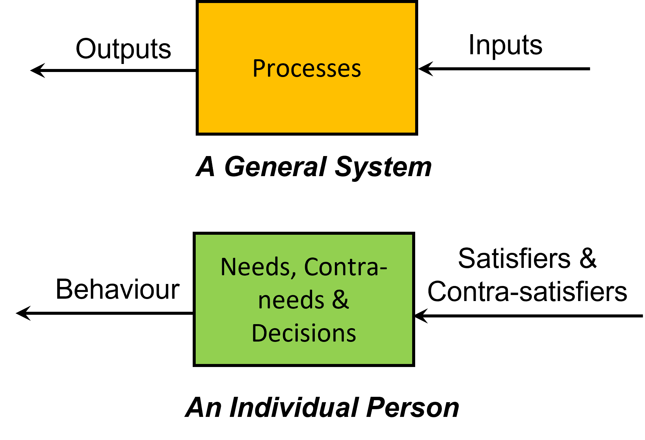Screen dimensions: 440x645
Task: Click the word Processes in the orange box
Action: (x=306, y=69)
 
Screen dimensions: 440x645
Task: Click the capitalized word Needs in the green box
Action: (x=255, y=267)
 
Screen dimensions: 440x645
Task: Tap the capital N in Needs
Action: (x=228, y=267)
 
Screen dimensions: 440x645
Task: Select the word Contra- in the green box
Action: (x=345, y=267)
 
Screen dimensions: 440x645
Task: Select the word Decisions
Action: (x=304, y=333)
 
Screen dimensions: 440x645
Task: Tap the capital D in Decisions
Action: (x=260, y=333)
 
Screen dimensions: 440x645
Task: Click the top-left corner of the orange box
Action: (x=199, y=4)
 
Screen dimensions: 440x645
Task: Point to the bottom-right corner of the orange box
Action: (x=414, y=132)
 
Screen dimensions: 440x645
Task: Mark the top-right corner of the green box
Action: (x=411, y=235)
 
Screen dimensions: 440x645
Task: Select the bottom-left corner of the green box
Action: (x=196, y=363)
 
